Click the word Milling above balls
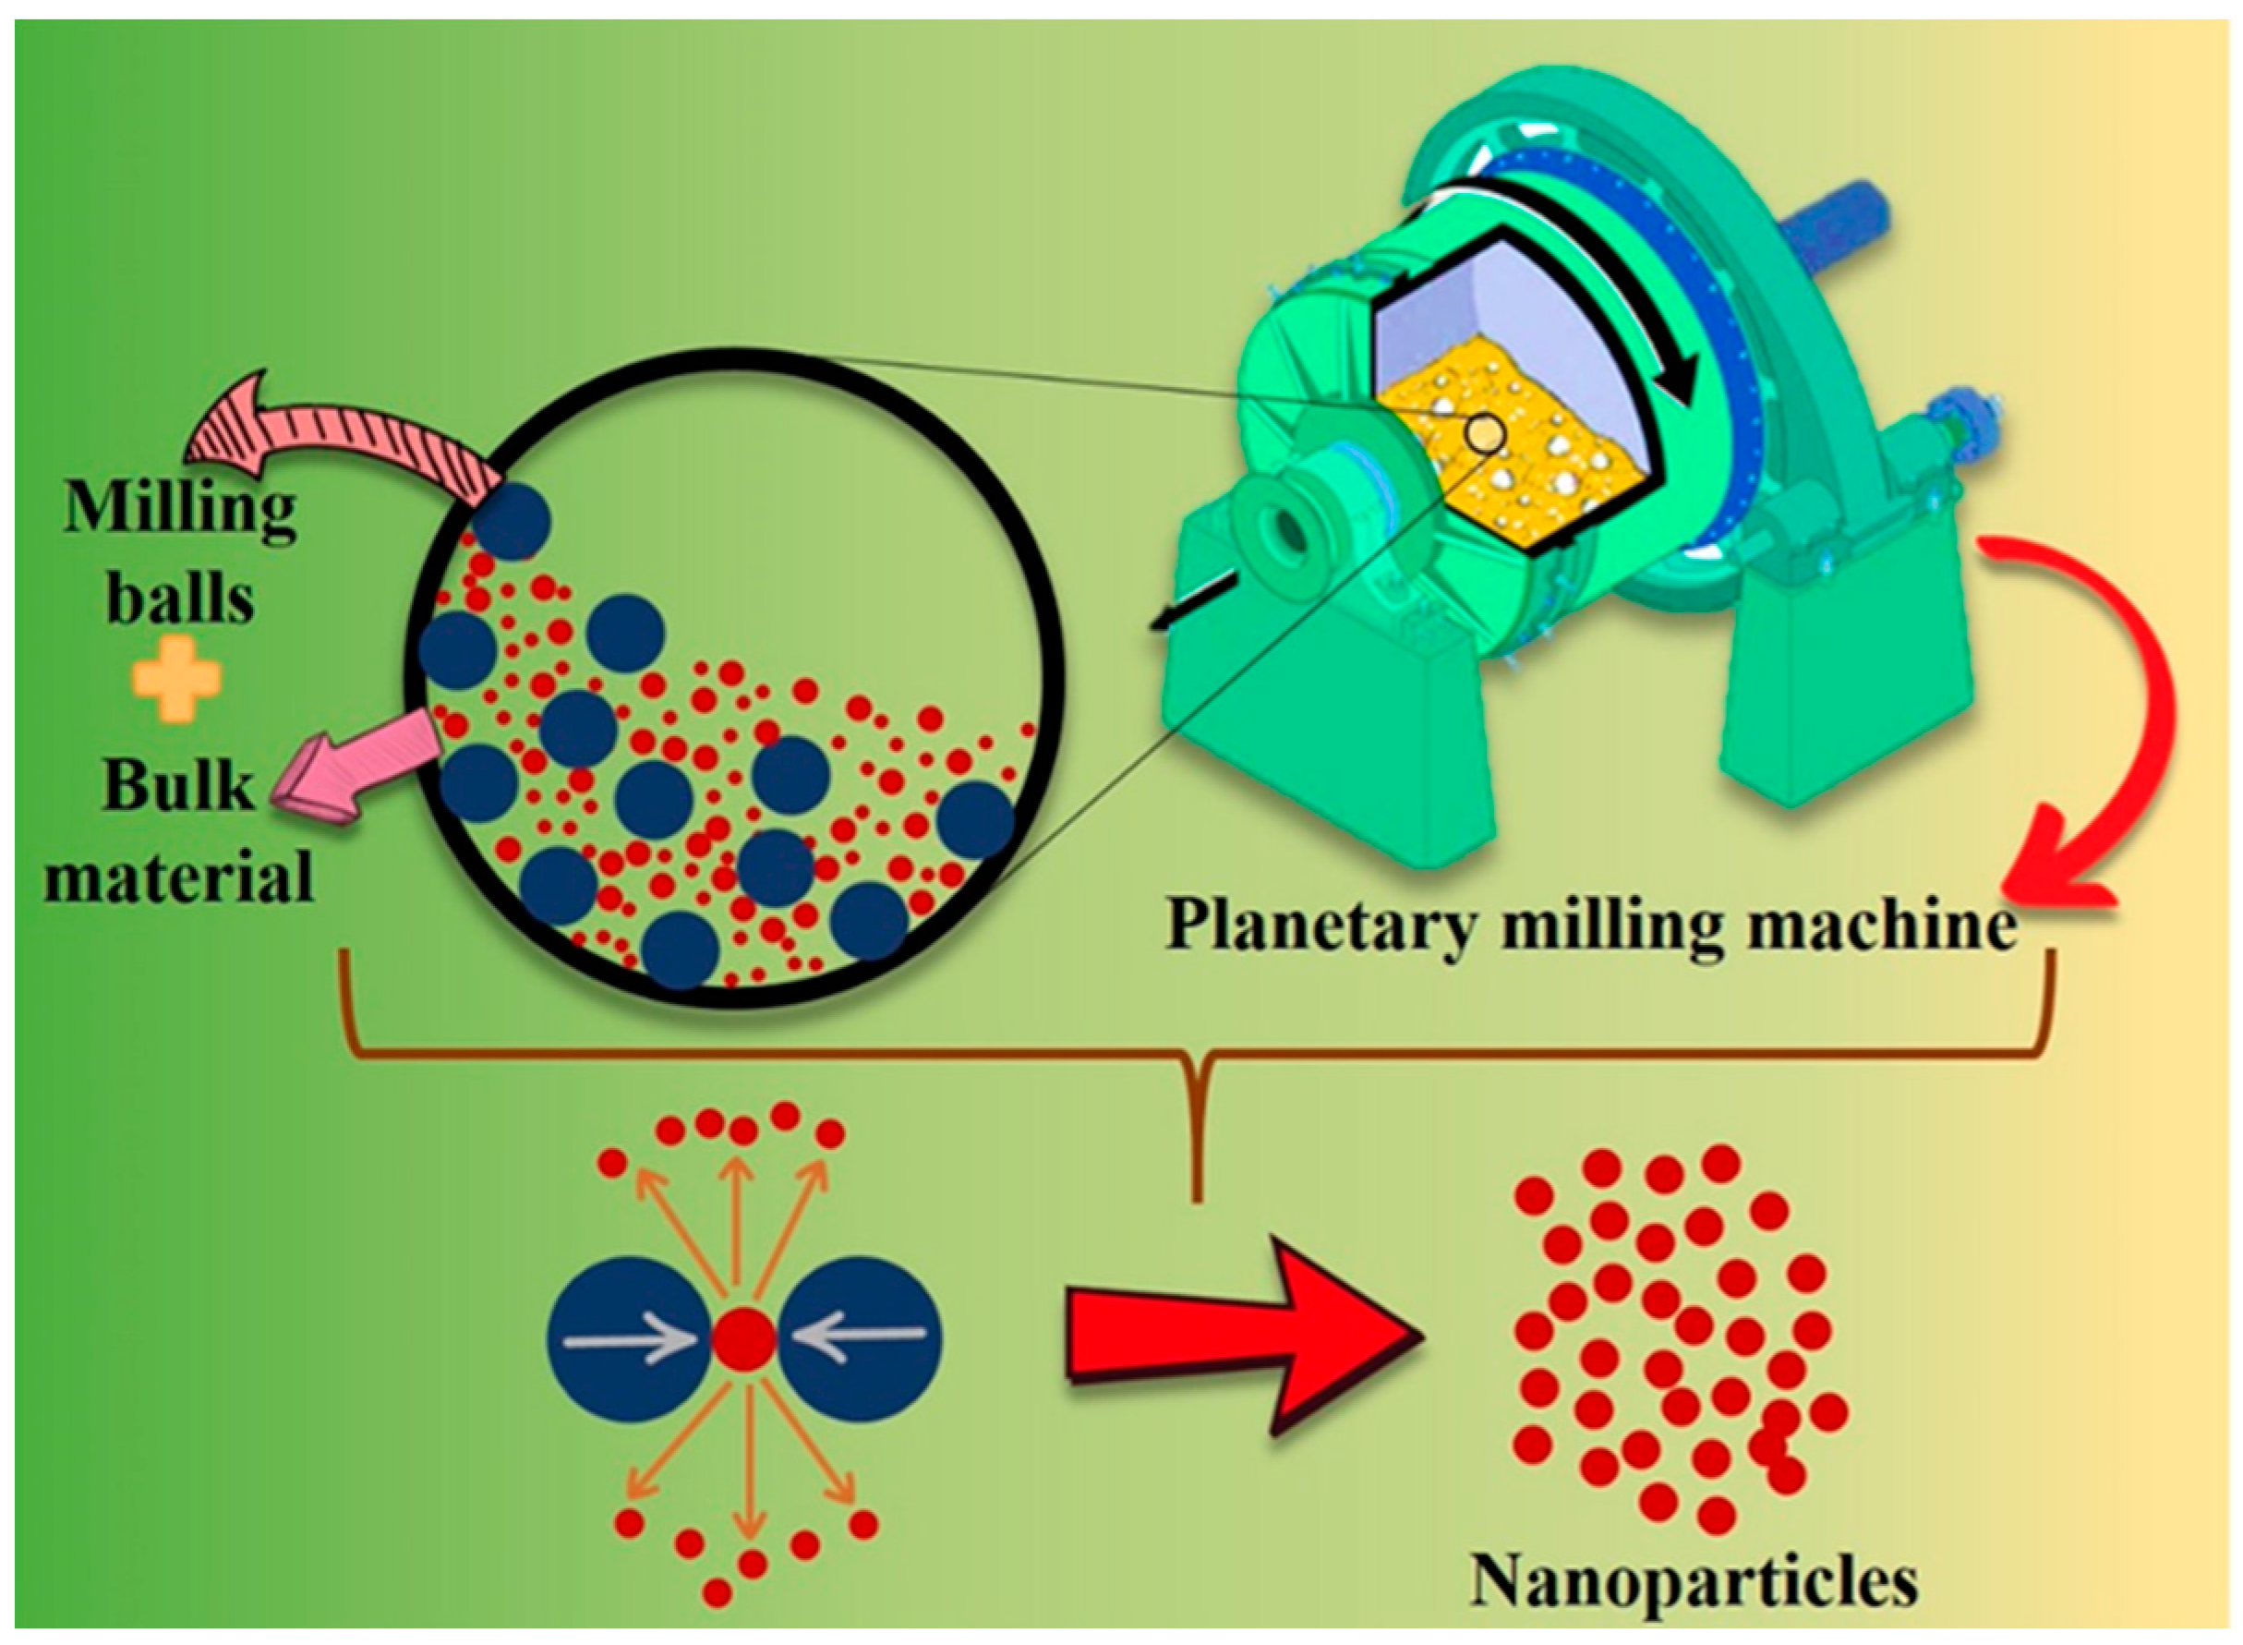(180, 511)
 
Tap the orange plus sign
(178, 680)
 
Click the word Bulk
(179, 786)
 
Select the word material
(179, 877)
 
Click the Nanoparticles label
(1694, 1580)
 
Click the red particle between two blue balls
(743, 1339)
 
